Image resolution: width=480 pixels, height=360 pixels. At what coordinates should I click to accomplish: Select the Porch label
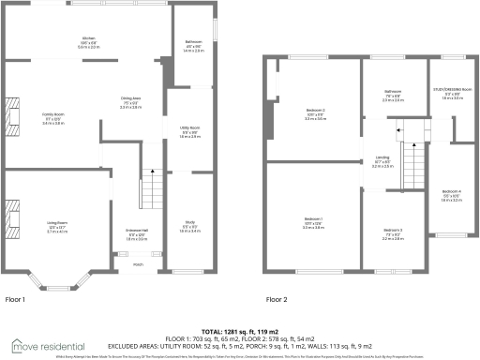pyautogui.click(x=138, y=263)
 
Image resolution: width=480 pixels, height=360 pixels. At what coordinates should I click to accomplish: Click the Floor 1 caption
pyautogui.click(x=16, y=300)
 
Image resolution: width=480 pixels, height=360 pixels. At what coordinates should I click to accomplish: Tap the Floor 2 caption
pyautogui.click(x=276, y=300)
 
